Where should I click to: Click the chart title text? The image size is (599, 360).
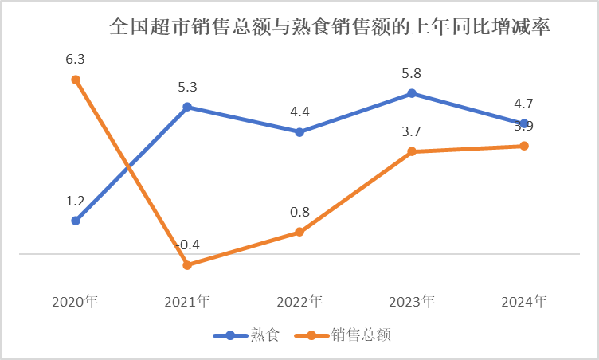point(330,27)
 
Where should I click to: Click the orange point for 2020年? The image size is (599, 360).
point(76,80)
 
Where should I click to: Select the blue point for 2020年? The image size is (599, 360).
point(76,221)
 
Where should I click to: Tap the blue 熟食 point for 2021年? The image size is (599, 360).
point(187,106)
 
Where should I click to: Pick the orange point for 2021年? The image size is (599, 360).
point(187,265)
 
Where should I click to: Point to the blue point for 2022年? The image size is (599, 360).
point(299,132)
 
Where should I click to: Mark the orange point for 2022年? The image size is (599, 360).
point(299,232)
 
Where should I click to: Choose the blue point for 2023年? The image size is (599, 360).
point(412,93)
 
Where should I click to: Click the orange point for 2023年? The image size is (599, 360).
point(412,151)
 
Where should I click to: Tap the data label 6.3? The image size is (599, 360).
point(76,60)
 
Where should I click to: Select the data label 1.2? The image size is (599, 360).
point(76,201)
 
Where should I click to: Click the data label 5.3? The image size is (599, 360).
point(187,86)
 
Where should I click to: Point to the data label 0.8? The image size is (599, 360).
point(299,212)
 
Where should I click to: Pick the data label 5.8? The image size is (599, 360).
point(412,73)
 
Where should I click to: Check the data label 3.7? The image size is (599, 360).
point(412,131)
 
